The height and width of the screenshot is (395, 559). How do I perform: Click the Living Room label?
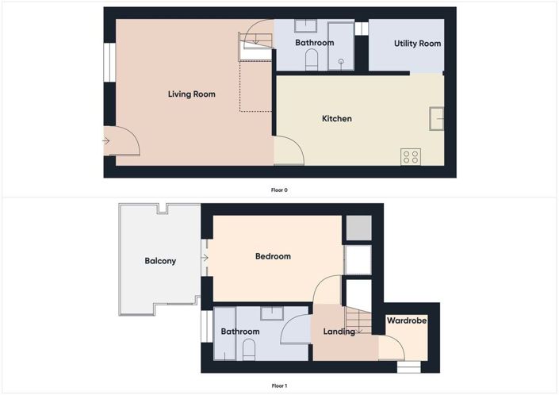191,94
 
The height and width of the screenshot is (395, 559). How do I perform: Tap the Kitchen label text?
336,119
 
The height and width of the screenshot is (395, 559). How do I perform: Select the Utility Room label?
417,44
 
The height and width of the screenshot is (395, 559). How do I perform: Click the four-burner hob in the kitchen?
411,156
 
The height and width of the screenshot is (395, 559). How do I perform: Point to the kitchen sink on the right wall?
437,118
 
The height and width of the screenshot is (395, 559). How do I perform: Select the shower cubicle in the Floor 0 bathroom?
341,45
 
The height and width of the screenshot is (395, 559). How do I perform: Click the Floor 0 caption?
279,190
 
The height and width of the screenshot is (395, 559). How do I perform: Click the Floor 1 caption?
279,385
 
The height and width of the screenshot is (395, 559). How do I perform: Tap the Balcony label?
160,261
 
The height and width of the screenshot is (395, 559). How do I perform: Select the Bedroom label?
272,256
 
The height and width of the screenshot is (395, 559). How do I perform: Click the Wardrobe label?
407,321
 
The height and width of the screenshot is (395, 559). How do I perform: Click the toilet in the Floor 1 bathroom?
250,350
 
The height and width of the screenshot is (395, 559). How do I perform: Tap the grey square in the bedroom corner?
357,228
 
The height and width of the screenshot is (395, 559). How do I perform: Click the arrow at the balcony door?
205,258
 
